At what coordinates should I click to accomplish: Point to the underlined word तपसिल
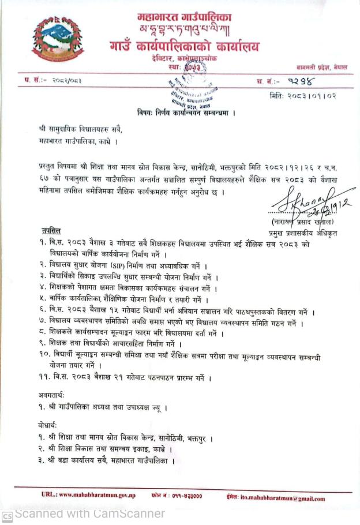click(51, 231)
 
